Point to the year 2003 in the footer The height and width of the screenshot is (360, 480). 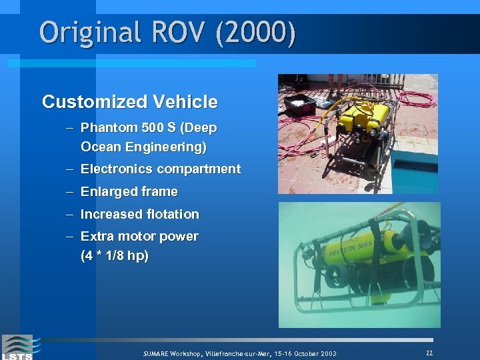point(325,353)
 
